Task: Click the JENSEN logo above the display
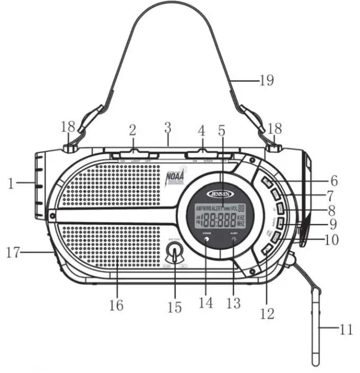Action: point(218,194)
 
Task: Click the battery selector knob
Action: point(176,255)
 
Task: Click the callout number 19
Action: point(267,80)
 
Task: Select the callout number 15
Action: point(176,307)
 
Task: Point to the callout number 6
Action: point(333,181)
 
